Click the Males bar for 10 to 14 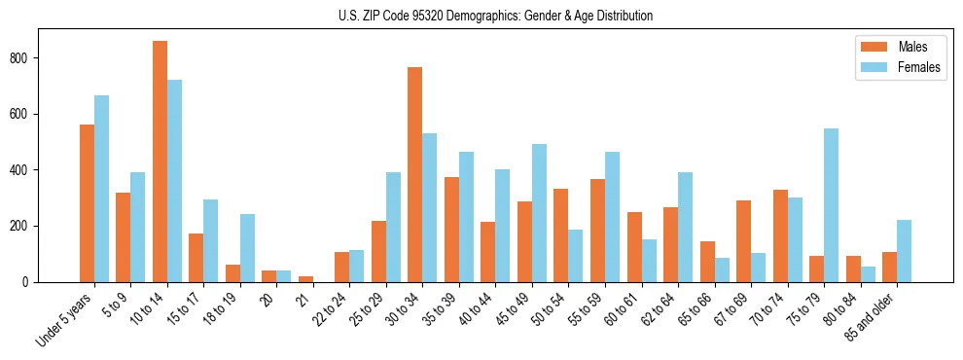[160, 162]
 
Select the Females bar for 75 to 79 [831, 205]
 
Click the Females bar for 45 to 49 [539, 213]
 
